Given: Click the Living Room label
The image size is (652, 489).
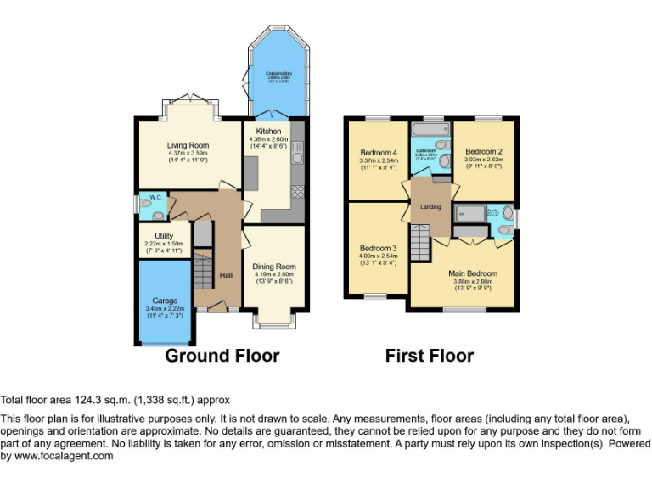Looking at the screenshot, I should [x=188, y=145].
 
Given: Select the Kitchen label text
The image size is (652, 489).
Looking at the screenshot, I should [x=269, y=132].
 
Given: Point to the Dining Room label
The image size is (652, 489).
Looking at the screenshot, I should [x=273, y=267].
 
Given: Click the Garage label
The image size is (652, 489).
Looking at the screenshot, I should [x=165, y=301].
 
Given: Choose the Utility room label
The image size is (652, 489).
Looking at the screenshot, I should [x=164, y=235].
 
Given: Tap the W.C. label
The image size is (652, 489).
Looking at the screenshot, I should [x=155, y=197].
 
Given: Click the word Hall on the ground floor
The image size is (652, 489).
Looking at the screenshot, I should [x=227, y=275].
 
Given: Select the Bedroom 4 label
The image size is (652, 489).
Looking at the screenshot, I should [x=378, y=153].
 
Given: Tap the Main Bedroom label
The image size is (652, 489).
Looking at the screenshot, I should [x=473, y=273].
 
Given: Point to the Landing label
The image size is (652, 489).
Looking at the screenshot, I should [x=427, y=207].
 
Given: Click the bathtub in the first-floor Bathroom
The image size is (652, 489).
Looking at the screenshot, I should [x=430, y=132].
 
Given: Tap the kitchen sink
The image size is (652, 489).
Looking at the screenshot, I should [x=295, y=155].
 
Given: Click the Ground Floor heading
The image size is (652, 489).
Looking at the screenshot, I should [x=222, y=356].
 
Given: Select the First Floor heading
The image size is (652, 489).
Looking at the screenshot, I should [x=429, y=356].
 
